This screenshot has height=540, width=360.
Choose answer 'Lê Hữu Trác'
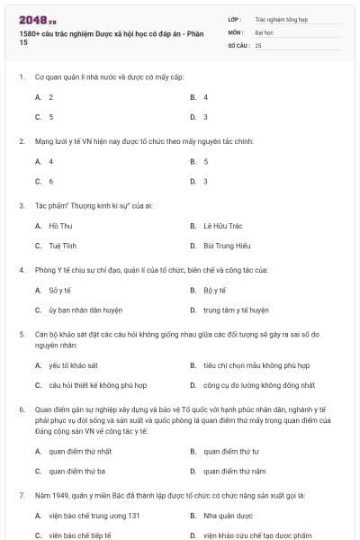pyautogui.click(x=220, y=226)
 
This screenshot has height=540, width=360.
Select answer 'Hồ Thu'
pyautogui.click(x=60, y=226)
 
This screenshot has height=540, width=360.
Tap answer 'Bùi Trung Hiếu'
pyautogui.click(x=225, y=246)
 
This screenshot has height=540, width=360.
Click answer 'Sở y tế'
pyautogui.click(x=60, y=290)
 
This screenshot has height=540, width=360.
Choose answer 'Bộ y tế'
pyautogui.click(x=213, y=290)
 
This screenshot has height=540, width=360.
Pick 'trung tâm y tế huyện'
pyautogui.click(x=236, y=310)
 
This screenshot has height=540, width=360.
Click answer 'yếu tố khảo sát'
pyautogui.click(x=73, y=365)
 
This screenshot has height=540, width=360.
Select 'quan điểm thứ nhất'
pyautogui.click(x=80, y=451)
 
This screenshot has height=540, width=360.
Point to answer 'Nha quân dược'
pyautogui.click(x=227, y=515)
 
